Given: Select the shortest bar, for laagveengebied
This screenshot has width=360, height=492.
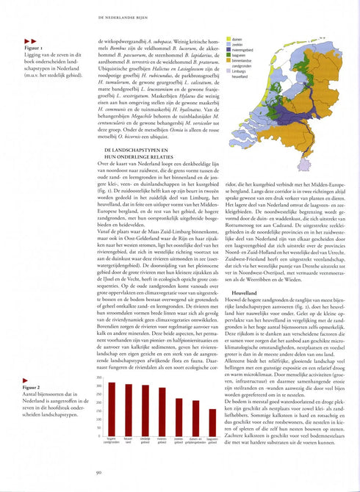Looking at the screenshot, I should pyautogui.click(x=212, y=421).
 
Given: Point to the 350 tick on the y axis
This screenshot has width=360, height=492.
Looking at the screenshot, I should pyautogui.click(x=100, y=377).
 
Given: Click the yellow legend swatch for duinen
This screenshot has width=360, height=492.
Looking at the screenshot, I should pyautogui.click(x=228, y=37).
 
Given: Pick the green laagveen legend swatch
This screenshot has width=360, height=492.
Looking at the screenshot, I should pyautogui.click(x=228, y=54).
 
